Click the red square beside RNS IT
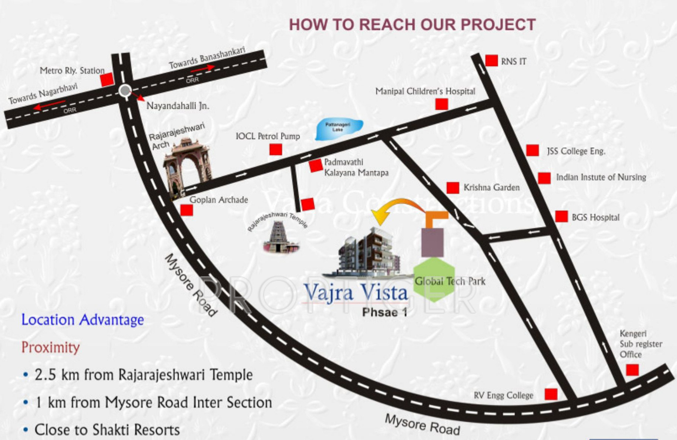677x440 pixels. tap(491, 60)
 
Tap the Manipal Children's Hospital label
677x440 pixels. tap(425, 91)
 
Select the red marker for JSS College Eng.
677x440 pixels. tap(532, 150)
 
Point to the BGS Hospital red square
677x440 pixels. tap(561, 216)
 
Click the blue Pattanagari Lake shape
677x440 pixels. tap(338, 128)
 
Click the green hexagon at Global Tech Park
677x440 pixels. tap(434, 279)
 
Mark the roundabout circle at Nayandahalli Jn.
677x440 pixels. tap(125, 90)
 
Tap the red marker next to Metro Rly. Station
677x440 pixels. tap(107, 80)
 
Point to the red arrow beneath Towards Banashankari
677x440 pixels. tap(202, 68)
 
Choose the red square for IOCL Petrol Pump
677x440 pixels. tap(276, 149)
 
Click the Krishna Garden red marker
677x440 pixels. tap(453, 187)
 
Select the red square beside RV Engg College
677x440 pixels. tap(551, 394)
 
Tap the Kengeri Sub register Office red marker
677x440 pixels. tap(632, 370)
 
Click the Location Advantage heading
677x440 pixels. tap(83, 320)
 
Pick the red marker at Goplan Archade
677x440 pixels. tap(187, 210)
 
